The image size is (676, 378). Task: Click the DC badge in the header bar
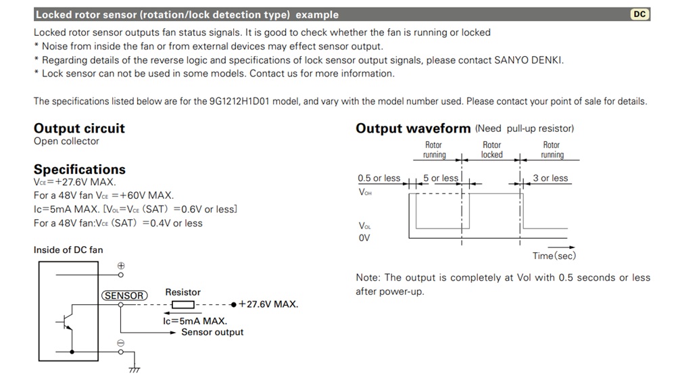(x=639, y=14)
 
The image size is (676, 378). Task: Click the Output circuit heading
(x=79, y=128)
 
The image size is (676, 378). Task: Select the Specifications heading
(x=79, y=169)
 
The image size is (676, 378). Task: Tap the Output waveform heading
(x=413, y=128)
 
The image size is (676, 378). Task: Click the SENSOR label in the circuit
(x=124, y=296)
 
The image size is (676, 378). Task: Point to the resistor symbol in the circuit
(x=183, y=304)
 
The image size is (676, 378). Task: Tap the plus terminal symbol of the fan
(x=121, y=266)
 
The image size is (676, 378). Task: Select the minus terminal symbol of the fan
(x=121, y=344)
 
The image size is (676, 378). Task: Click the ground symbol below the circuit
(x=134, y=369)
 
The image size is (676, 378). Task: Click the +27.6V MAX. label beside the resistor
(x=268, y=304)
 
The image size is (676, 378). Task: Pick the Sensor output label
(x=212, y=332)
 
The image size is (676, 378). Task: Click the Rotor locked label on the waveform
(x=491, y=149)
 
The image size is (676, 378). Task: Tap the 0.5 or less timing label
(x=379, y=179)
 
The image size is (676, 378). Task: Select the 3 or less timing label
(x=550, y=179)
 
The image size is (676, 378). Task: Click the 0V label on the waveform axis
(x=364, y=238)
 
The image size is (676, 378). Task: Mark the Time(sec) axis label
(x=554, y=256)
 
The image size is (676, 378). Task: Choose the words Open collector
(x=66, y=141)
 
